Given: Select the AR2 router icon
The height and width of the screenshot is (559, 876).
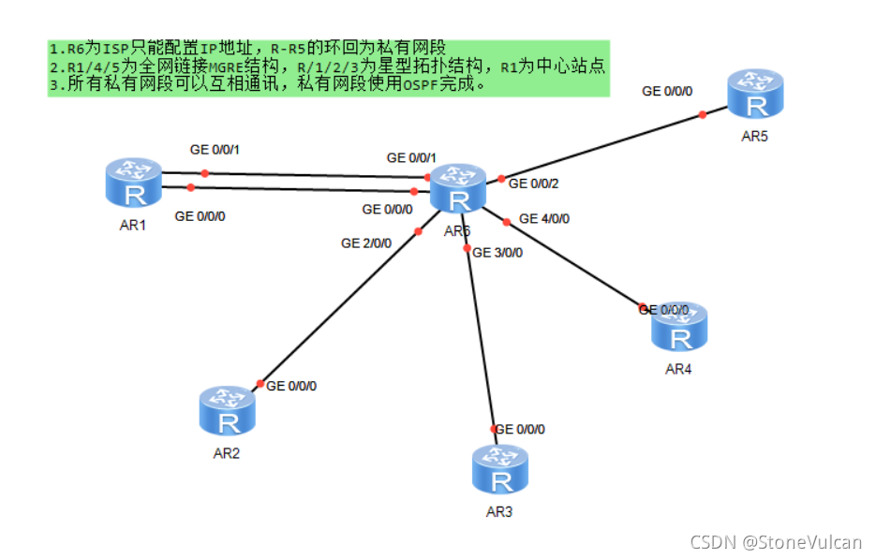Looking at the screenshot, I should tap(228, 412).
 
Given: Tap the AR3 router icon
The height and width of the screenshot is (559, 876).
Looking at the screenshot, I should tap(500, 469).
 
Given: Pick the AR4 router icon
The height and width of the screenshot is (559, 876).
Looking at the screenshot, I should tap(679, 327).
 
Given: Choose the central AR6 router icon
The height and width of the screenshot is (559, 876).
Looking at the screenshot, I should tap(458, 189).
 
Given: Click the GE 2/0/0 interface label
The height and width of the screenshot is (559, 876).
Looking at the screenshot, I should tap(366, 243).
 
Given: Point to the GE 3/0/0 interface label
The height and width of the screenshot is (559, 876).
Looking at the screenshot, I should tap(498, 252).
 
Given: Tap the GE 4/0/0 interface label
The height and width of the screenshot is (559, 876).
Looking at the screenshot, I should tap(544, 219).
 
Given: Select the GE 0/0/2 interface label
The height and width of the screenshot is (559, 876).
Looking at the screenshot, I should tap(534, 184).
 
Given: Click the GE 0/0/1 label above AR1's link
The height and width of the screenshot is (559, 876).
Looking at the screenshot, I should tap(215, 149).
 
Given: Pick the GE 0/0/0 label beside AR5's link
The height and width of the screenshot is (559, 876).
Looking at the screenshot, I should tap(667, 91).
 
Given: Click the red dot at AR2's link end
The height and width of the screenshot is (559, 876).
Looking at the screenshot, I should tap(260, 384).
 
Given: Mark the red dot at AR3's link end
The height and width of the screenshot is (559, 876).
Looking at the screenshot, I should tap(493, 429).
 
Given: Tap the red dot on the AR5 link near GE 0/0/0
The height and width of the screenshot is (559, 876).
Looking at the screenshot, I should tap(702, 115).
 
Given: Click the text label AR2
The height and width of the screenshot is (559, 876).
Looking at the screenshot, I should tap(227, 454).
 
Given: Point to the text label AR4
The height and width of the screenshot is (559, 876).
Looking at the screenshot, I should tap(678, 369).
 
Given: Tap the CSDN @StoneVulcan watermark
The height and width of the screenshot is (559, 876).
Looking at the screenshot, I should tap(776, 541).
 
